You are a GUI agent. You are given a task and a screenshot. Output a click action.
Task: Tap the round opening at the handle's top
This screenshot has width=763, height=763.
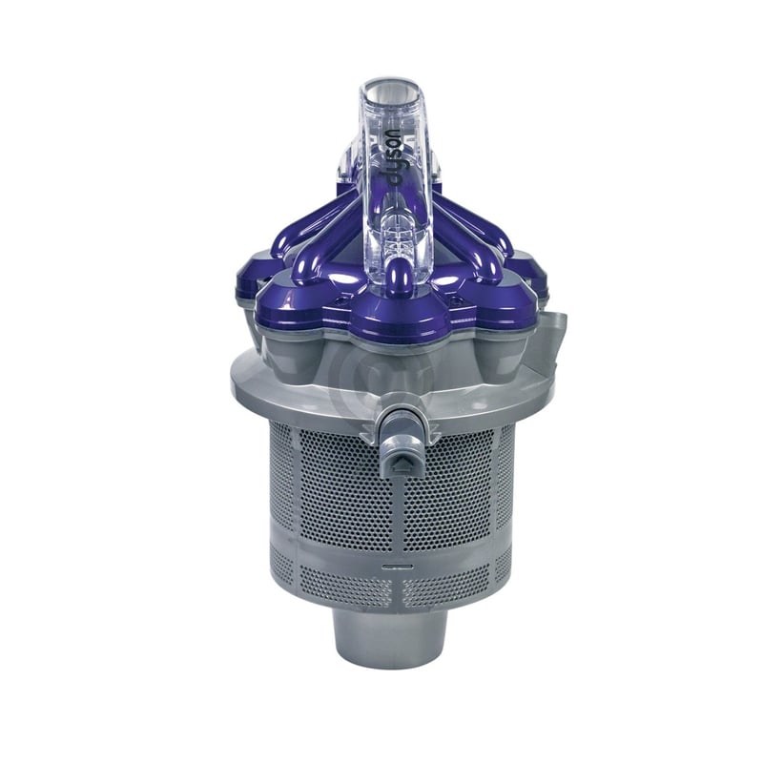[x=390, y=99]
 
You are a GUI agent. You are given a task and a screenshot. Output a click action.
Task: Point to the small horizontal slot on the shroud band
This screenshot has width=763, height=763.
[x=390, y=564]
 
